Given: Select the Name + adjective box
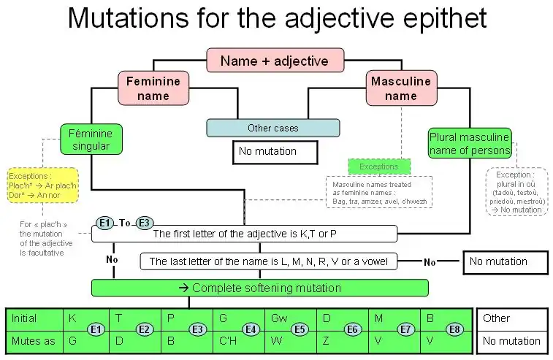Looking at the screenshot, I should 274,61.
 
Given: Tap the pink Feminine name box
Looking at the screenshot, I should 153,88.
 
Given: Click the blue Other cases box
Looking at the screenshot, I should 273,128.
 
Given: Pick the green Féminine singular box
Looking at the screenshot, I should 91,139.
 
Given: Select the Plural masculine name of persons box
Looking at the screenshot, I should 469,144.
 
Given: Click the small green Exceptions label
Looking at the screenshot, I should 379,166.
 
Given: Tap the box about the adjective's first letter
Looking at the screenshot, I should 244,234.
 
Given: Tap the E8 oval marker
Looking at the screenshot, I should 454,330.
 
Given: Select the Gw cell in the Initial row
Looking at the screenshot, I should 279,319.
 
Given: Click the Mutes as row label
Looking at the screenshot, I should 31,340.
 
